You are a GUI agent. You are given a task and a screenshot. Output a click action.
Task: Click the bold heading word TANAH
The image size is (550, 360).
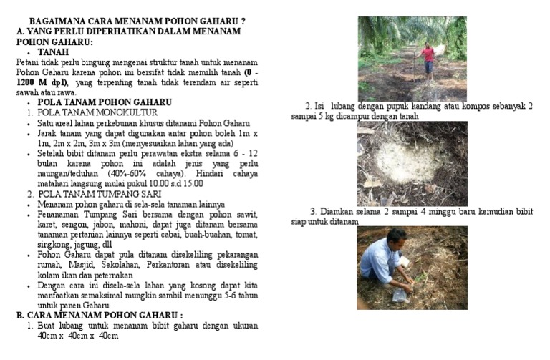point(54,52)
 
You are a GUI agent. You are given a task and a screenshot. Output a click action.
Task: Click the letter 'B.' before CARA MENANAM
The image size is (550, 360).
point(21,315)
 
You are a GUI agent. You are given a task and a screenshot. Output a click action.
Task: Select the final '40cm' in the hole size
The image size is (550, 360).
point(108,335)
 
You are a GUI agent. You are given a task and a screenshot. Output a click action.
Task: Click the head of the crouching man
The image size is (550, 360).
point(395,236)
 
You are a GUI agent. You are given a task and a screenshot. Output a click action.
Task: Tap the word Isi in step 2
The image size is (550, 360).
point(319,107)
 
